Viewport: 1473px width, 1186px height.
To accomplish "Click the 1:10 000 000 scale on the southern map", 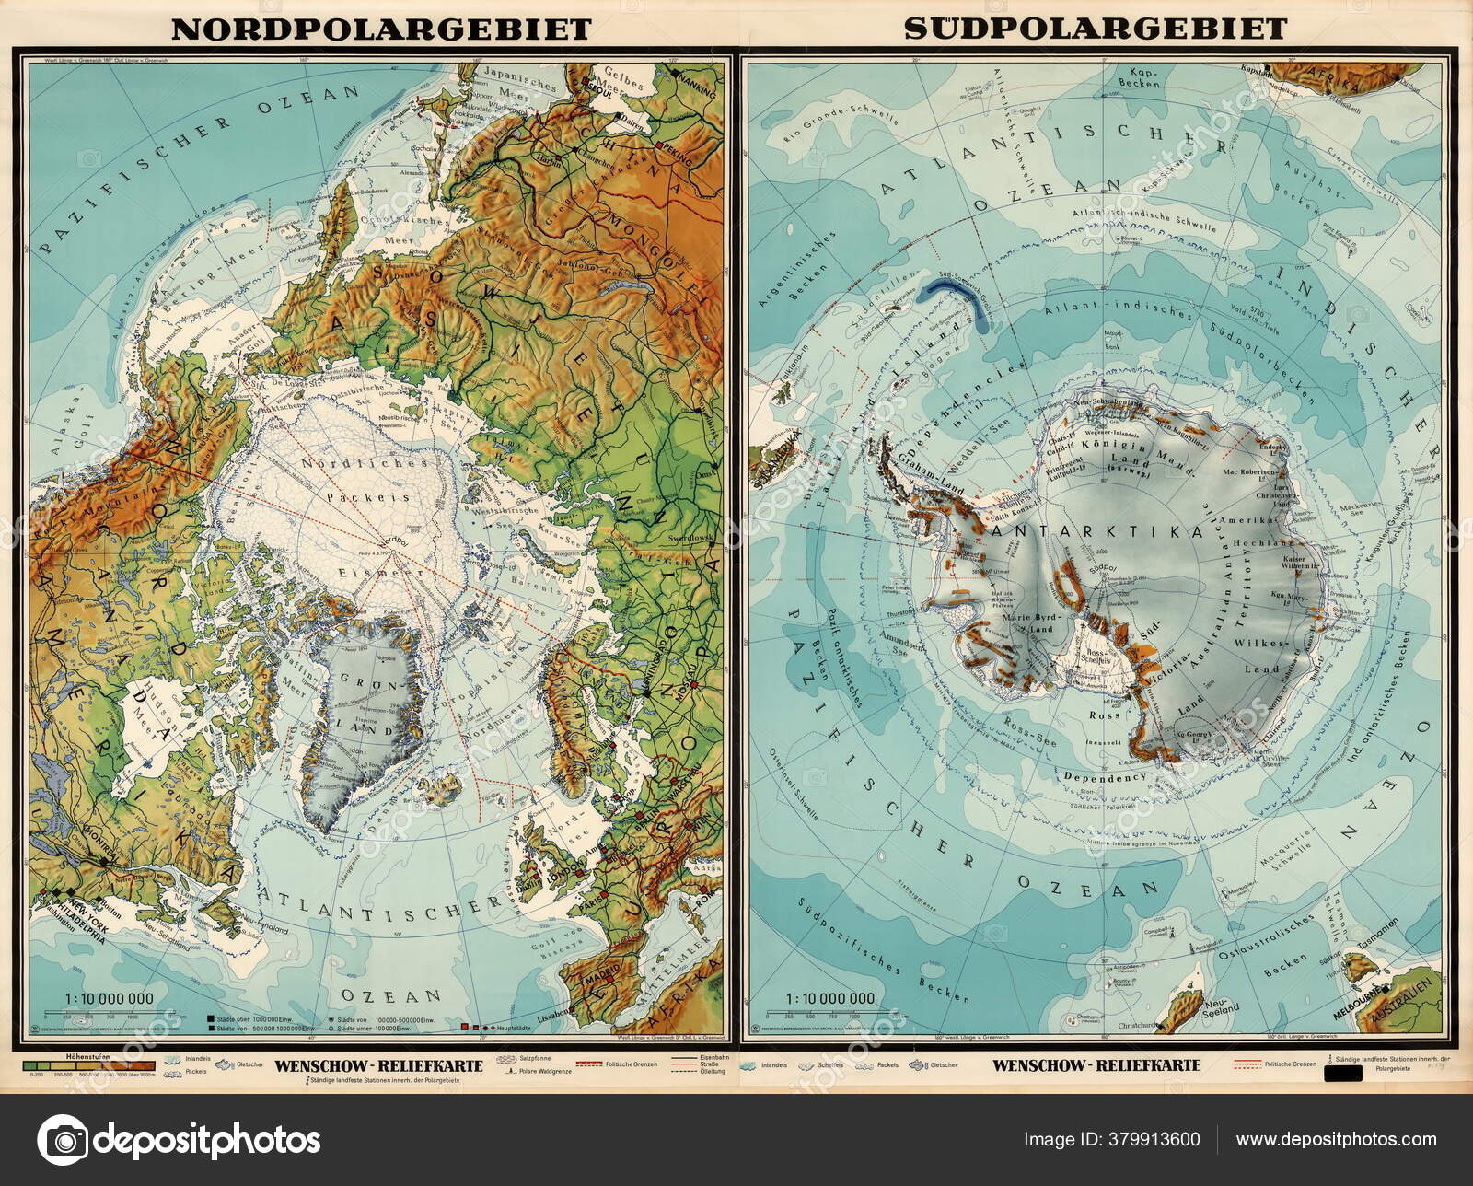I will [829, 998].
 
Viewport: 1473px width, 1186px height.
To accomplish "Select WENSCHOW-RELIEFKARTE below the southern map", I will [1096, 1066].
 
